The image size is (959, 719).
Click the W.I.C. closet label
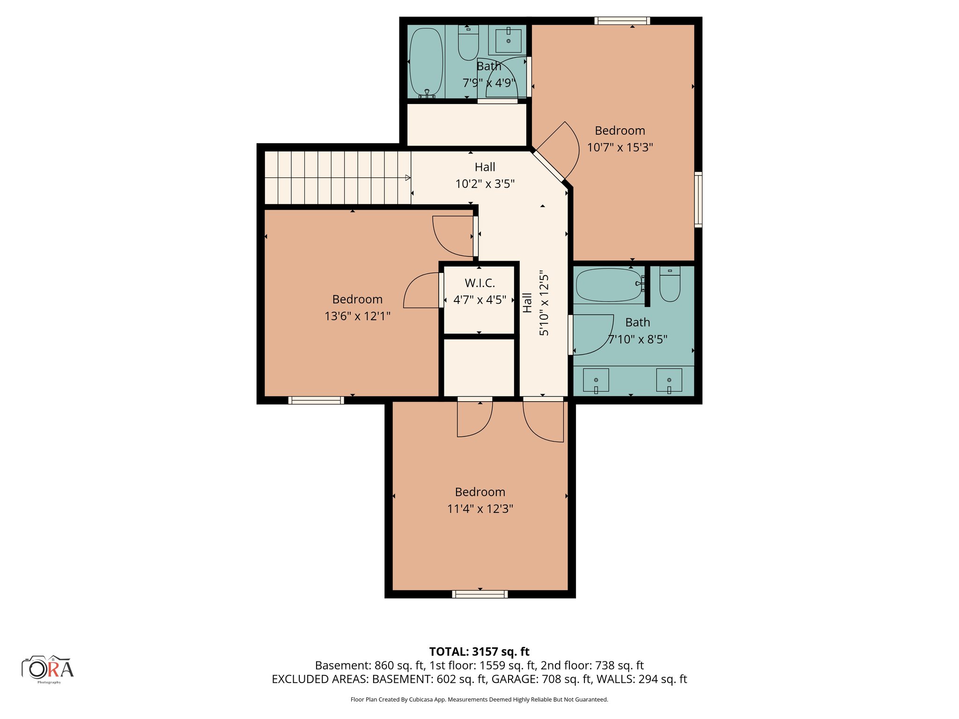point(479,283)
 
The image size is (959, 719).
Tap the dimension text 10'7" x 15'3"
point(620,147)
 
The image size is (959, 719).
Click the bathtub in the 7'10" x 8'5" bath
point(608,285)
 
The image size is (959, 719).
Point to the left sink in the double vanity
point(596,380)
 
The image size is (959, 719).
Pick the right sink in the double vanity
point(669,380)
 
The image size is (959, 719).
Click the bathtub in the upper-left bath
point(426,62)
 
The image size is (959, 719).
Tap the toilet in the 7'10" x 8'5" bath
point(670,285)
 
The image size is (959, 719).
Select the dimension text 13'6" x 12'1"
point(357,316)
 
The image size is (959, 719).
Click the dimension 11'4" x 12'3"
point(480,509)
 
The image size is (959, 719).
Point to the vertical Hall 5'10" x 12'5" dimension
point(544,303)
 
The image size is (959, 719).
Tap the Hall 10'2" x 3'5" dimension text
point(485,184)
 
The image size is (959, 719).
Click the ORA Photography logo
point(48,668)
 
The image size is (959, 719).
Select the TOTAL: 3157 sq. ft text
point(479,652)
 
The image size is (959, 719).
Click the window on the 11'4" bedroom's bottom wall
point(480,594)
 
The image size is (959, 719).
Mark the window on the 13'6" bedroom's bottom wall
point(316,400)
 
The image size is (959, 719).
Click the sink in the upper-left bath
point(508,41)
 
